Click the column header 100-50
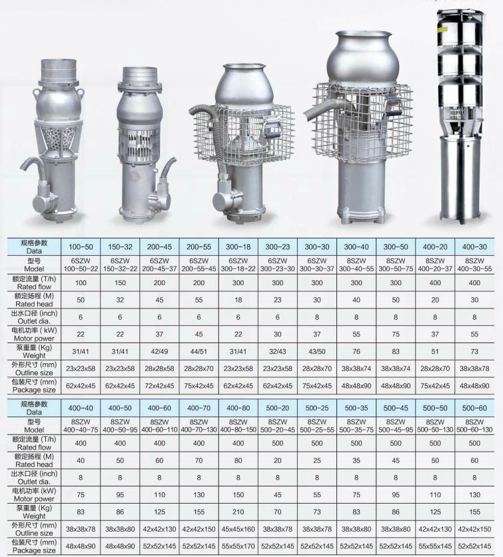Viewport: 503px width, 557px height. pyautogui.click(x=81, y=247)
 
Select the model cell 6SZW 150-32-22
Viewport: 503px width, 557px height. pyautogui.click(x=120, y=265)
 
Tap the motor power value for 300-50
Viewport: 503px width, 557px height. pyautogui.click(x=396, y=334)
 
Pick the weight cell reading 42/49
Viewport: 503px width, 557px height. pyautogui.click(x=159, y=351)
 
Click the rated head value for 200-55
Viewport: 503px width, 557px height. pyautogui.click(x=199, y=300)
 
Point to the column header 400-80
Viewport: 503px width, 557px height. pyautogui.click(x=238, y=408)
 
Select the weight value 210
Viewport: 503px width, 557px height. pyautogui.click(x=238, y=512)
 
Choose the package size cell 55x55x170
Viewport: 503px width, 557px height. pyautogui.click(x=238, y=546)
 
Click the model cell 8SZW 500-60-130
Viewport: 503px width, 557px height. pyautogui.click(x=474, y=426)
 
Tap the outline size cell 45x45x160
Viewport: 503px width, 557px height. pyautogui.click(x=238, y=529)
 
